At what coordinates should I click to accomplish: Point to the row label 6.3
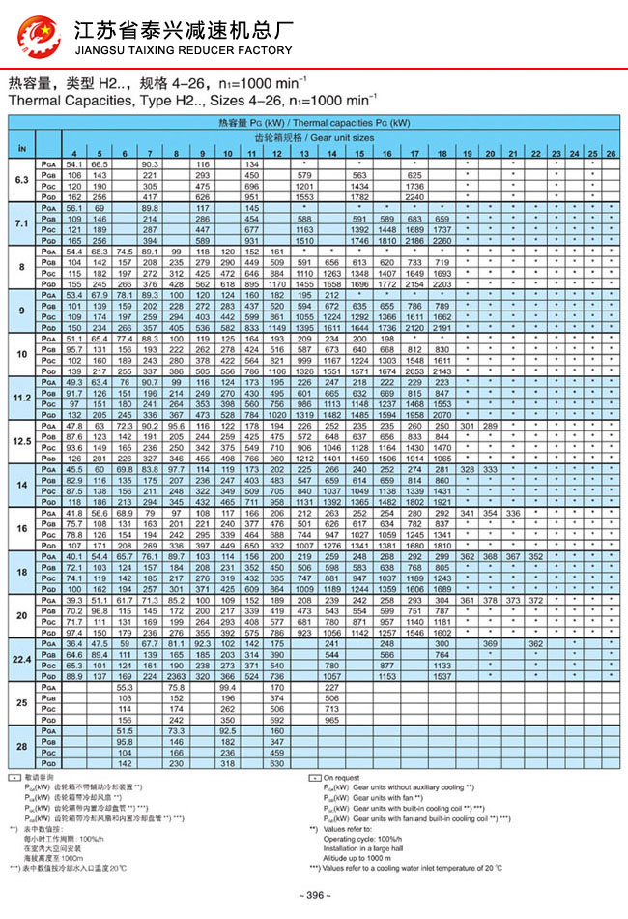[x=21, y=180]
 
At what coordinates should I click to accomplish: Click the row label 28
[x=21, y=748]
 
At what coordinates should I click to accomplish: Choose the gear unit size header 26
[x=611, y=155]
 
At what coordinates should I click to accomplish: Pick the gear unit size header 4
[x=73, y=155]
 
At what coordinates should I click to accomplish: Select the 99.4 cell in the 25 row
[x=227, y=688]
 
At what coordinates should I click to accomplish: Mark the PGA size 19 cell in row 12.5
[x=467, y=426]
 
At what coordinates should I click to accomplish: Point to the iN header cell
[x=21, y=147]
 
